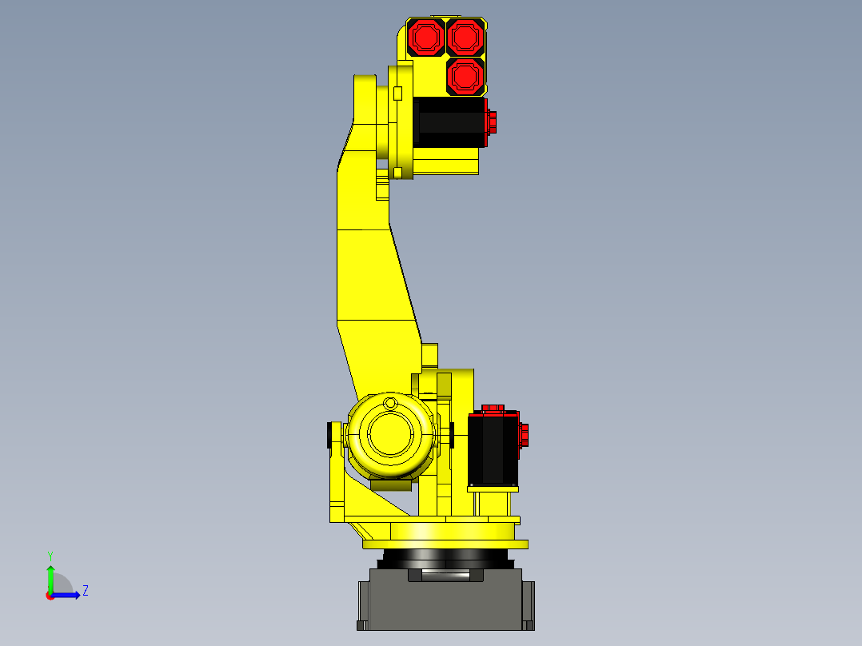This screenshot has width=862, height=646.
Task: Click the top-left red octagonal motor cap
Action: click(x=425, y=37)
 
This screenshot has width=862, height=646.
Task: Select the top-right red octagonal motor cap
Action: click(x=465, y=37)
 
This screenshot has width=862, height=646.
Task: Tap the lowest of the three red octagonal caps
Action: click(x=465, y=76)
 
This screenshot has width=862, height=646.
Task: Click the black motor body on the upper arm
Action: click(x=450, y=122)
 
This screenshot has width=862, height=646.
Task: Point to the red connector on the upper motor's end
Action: click(x=491, y=122)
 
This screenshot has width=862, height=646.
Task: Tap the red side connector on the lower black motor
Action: click(x=525, y=437)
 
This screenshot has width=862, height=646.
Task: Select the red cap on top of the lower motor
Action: click(x=493, y=409)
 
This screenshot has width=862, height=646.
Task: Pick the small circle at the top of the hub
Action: click(x=389, y=402)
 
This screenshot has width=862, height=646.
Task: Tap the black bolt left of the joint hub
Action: click(x=329, y=435)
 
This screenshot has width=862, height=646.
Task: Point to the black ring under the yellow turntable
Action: click(x=445, y=557)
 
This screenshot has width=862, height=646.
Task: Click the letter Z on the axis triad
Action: click(x=86, y=591)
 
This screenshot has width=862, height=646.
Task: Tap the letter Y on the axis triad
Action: click(x=50, y=555)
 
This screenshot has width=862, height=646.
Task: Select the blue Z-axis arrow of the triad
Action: click(x=68, y=594)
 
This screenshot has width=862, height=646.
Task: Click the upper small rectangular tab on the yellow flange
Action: click(x=397, y=94)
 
